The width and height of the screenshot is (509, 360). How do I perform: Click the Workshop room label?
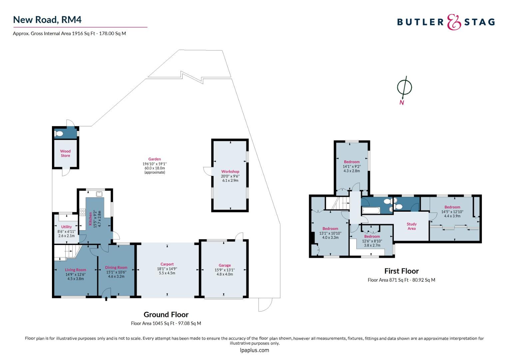coord(230,171)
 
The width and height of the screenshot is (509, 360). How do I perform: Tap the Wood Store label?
coord(65,153)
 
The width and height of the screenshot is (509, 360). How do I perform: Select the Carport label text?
coord(167,264)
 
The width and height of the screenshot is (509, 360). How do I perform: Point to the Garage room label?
coord(225,265)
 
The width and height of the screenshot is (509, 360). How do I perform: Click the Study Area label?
coord(411,226)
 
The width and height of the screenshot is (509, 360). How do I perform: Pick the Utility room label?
coord(66,227)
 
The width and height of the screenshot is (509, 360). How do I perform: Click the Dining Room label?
coord(116,267)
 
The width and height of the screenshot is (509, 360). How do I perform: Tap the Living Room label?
coord(75,270)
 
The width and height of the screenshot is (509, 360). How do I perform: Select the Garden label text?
coord(155,159)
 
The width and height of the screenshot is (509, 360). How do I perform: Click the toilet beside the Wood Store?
coord(59,133)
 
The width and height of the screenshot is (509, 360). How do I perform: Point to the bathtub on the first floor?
coord(371,210)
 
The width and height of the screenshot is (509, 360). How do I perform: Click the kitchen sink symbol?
coord(99,194)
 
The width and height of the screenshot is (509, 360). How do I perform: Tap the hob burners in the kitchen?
coord(83,212)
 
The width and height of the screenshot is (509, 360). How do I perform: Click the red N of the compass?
coord(402,103)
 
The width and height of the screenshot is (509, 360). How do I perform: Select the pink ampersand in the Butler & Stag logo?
coord(454,22)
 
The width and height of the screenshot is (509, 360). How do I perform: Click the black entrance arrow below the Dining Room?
coord(106,299)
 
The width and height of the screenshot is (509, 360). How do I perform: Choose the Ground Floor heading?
coord(166,315)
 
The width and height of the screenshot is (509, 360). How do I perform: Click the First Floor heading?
coord(401,271)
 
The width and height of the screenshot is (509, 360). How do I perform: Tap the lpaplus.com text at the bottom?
coord(254,350)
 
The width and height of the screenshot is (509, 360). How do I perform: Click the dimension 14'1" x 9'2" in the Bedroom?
coord(352,166)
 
